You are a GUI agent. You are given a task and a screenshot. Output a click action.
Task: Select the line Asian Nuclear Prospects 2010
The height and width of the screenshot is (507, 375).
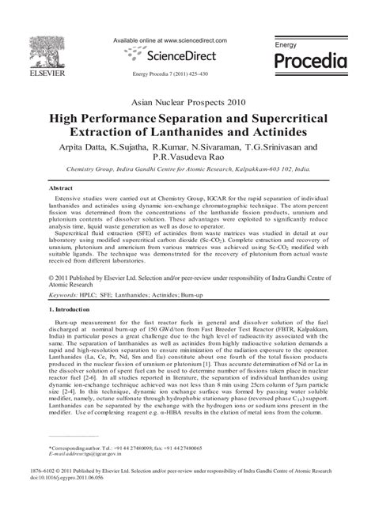click(187, 103)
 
